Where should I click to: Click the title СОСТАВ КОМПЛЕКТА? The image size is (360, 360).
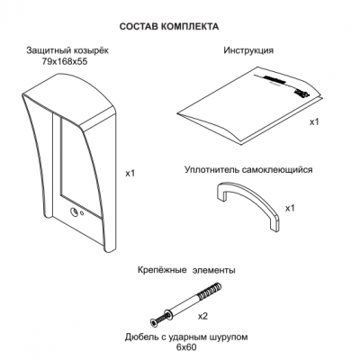point(169,26)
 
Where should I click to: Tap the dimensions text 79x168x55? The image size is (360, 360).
point(65,62)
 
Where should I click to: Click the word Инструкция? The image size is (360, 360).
point(248,50)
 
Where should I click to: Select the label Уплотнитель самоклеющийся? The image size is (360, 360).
point(248,170)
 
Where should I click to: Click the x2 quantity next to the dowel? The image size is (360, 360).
point(202,316)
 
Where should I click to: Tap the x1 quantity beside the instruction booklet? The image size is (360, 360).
point(314,121)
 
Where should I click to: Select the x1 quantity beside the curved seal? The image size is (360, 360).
point(290,208)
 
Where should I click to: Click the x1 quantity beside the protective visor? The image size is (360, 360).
point(130,173)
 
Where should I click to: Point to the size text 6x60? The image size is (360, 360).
point(186,347)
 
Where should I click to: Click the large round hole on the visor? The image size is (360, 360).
point(74,212)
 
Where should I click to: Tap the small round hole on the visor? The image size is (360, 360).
point(82,213)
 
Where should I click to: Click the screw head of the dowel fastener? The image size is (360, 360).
point(153,322)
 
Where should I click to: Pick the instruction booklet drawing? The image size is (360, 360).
point(249,105)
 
